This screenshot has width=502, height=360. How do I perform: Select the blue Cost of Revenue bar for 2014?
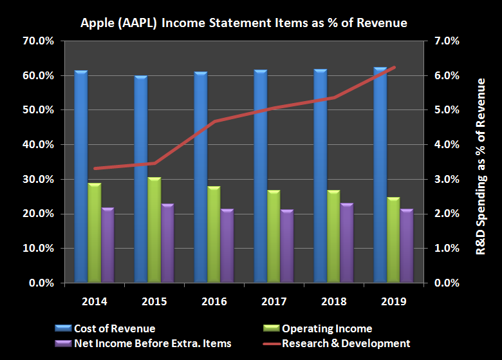(80, 177)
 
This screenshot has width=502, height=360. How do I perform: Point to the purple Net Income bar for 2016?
(227, 245)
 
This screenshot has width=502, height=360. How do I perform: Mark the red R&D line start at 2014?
(94, 168)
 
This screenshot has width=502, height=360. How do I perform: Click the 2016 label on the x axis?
(214, 301)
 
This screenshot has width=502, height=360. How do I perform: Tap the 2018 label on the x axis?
(333, 301)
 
